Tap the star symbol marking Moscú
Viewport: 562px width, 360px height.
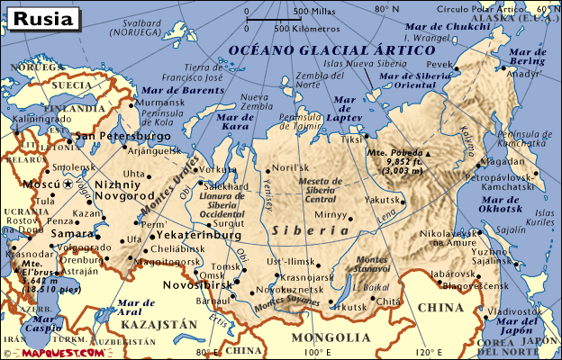(x=67, y=183)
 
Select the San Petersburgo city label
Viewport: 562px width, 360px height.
(x=123, y=136)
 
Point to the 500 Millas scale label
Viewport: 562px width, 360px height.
(x=312, y=12)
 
